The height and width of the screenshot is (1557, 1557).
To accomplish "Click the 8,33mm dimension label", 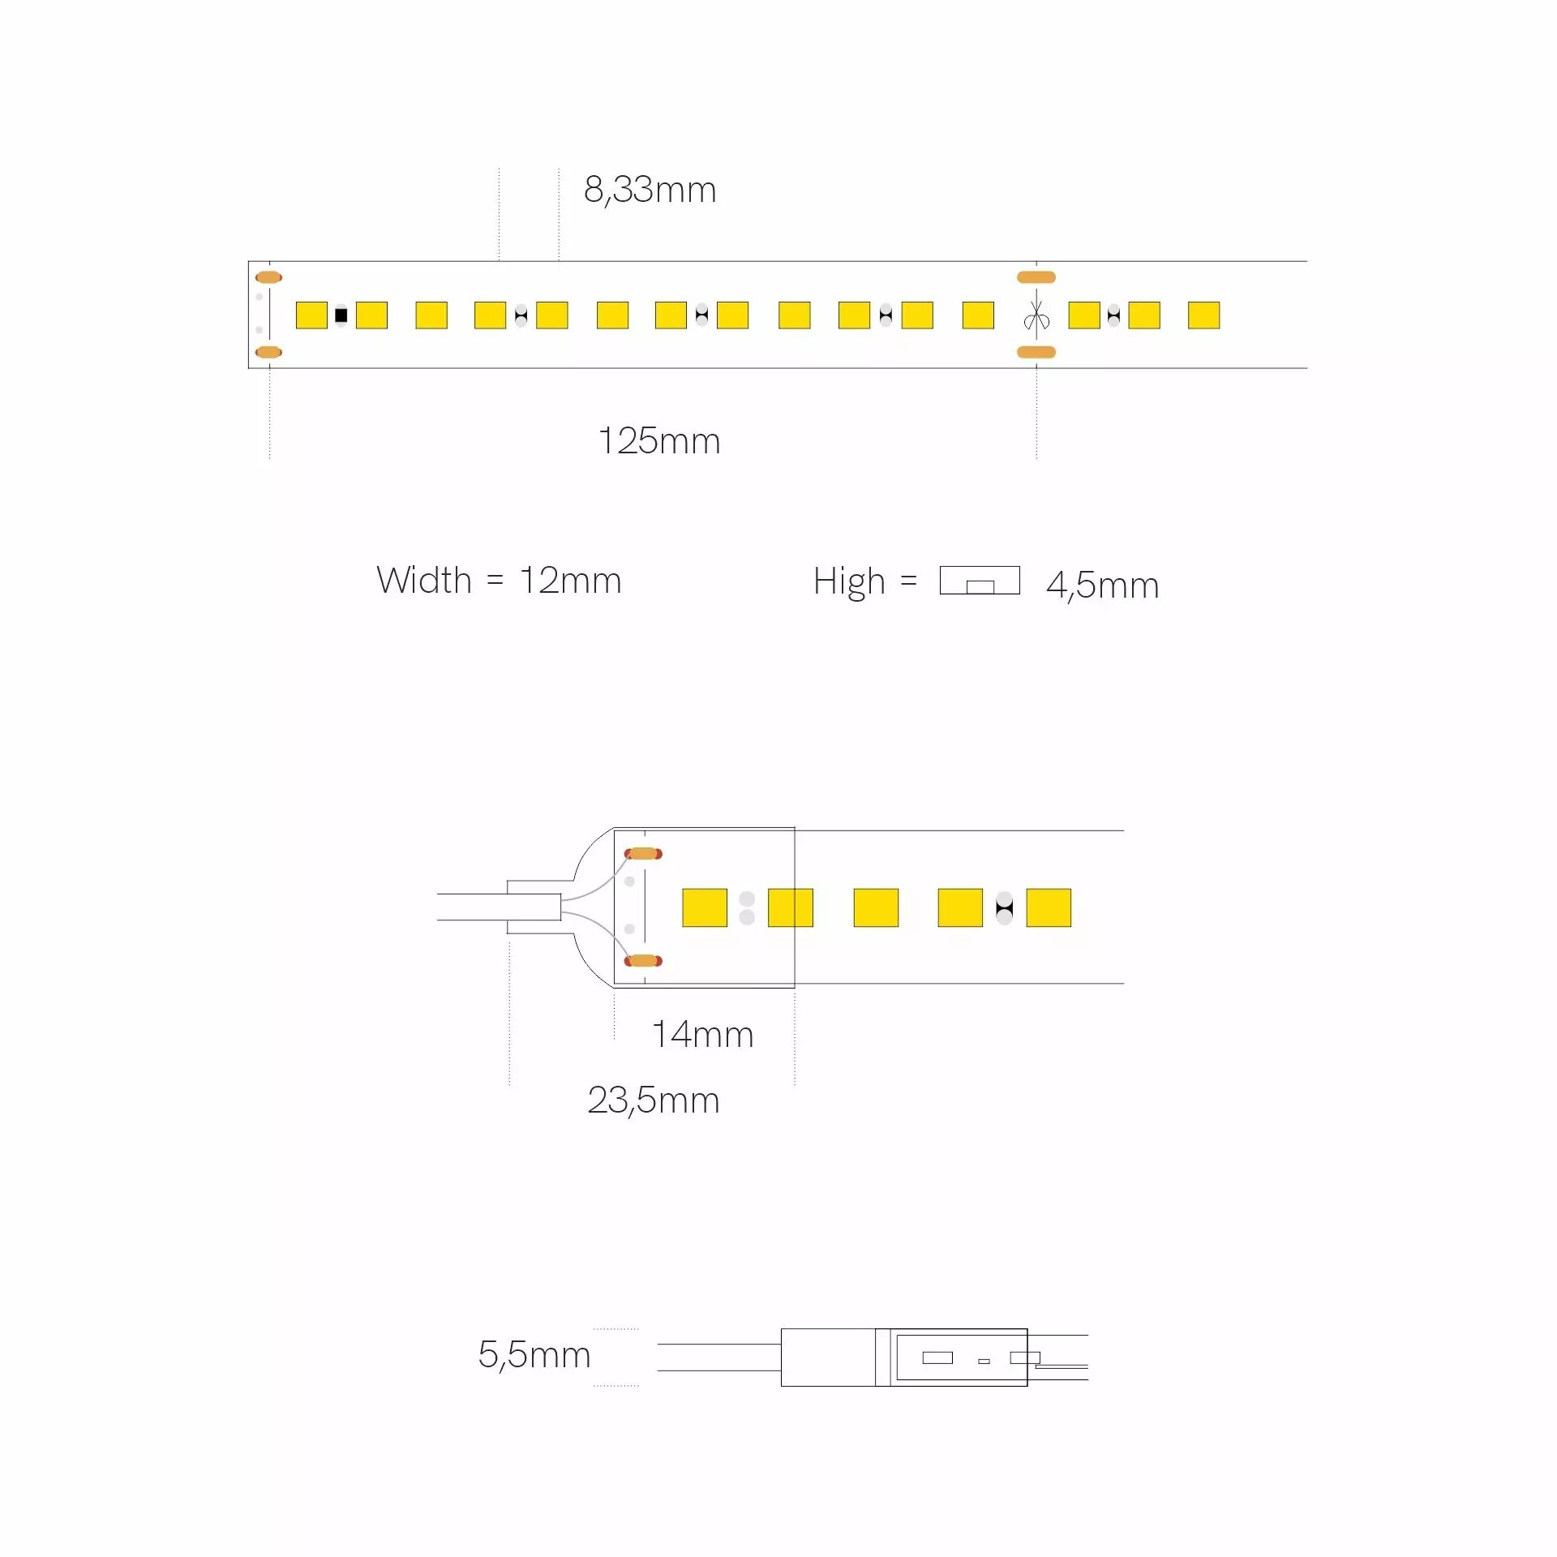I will [650, 190].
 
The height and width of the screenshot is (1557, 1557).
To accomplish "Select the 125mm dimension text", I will [658, 441].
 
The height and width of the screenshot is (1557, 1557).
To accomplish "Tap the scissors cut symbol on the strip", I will [1036, 316].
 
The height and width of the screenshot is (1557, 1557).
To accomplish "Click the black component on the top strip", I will [341, 315].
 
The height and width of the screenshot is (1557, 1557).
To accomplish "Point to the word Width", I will [423, 581].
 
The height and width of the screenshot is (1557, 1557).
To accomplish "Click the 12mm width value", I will [570, 581].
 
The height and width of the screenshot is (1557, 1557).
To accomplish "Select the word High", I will [848, 582].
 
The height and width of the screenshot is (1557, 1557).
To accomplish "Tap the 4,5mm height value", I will [1102, 585].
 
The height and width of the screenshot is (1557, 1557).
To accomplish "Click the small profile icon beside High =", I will [980, 581].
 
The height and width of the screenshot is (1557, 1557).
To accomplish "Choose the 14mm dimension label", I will [702, 1035].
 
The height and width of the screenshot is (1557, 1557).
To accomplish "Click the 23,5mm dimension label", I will [653, 1100].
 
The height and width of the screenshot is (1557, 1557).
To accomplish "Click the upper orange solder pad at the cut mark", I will [1036, 277].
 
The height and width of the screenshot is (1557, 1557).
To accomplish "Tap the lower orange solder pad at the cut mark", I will [1036, 352].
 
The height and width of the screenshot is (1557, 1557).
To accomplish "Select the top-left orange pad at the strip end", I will [268, 277].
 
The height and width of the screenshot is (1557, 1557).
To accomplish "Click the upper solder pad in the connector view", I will [643, 853].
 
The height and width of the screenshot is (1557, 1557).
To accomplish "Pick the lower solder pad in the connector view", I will [643, 961].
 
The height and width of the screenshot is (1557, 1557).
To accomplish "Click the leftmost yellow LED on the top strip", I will [311, 315].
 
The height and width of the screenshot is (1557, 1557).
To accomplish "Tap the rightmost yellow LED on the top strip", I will [1203, 315].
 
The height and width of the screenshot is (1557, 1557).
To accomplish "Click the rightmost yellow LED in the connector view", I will [1049, 907].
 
